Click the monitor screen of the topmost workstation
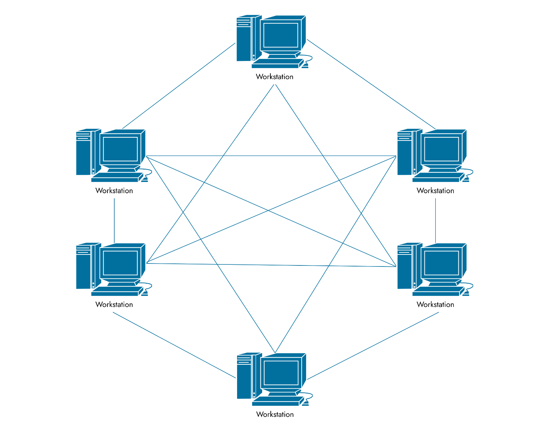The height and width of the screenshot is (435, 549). coord(280,35)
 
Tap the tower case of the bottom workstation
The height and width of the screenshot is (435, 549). coord(244,377)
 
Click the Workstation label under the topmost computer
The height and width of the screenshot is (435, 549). coord(274,77)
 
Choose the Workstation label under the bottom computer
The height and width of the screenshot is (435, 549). coord(275,414)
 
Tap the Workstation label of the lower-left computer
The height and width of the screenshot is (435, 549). coord(114,304)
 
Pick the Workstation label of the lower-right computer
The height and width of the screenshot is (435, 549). coord(435,304)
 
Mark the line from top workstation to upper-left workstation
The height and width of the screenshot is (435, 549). coord(178,86)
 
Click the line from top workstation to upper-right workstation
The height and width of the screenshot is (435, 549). coord(371,84)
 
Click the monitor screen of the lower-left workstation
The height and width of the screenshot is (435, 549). coord(120,263)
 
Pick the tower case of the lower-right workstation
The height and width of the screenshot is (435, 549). coord(405,267)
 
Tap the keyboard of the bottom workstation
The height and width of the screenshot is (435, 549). coord(276,401)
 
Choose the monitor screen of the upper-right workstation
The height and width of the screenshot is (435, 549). coord(441,149)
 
